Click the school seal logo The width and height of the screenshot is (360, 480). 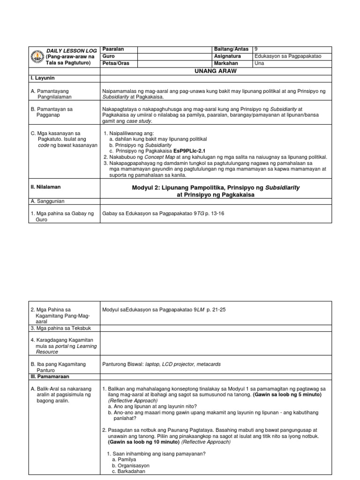point(36,57)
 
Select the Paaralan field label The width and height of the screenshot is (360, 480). point(113,49)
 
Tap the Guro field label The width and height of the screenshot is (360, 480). point(109,56)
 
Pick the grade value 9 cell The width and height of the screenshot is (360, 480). point(256,49)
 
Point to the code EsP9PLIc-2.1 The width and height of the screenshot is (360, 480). point(189,151)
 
